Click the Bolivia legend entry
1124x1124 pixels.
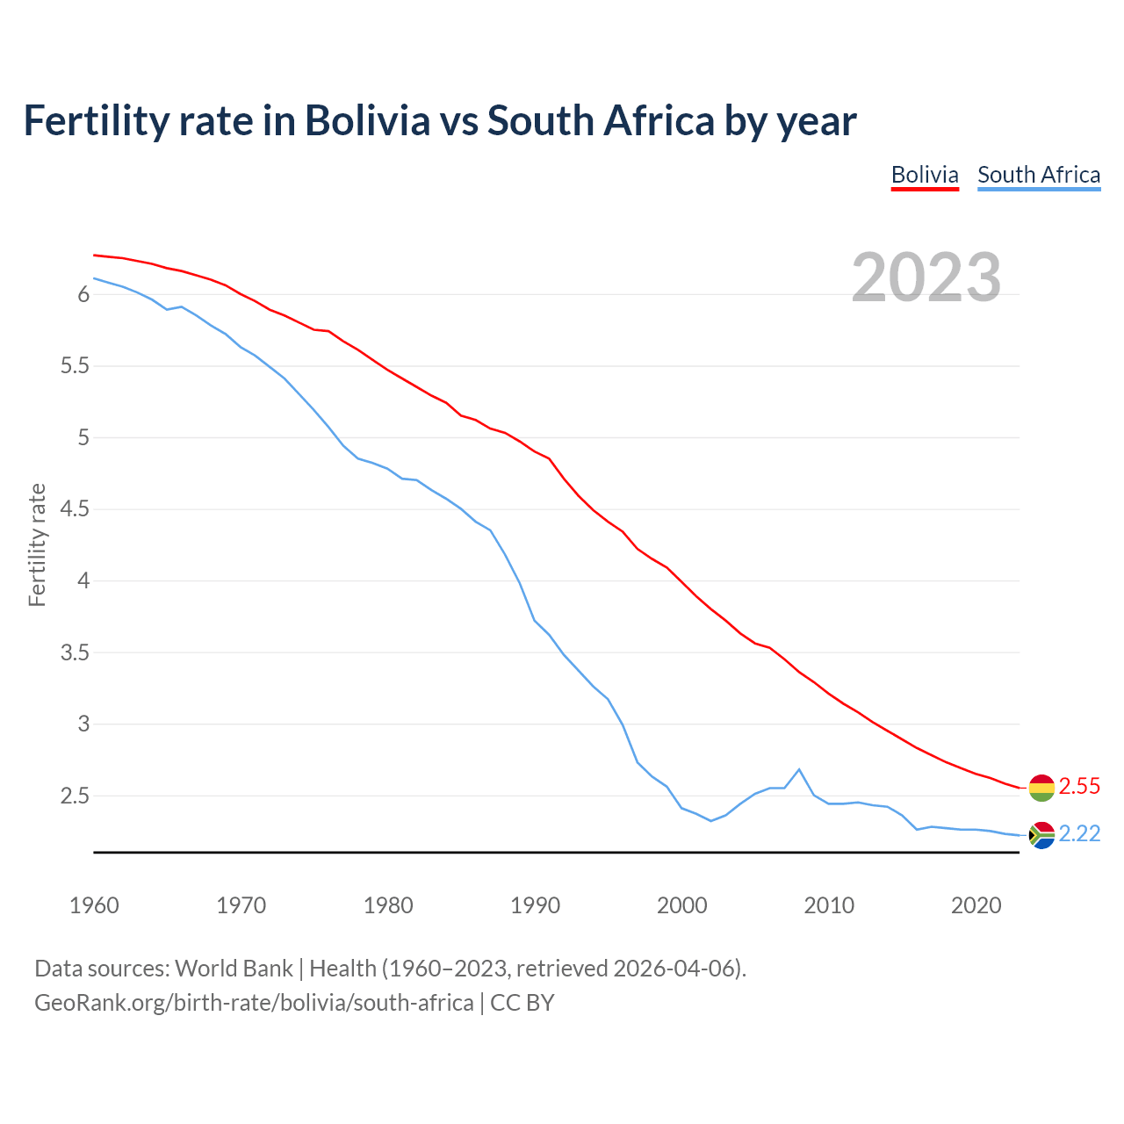point(925,175)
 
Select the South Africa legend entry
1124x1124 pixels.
point(1039,175)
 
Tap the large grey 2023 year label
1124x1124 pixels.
point(926,277)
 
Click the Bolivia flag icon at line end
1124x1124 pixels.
point(1041,788)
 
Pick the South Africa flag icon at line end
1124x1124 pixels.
point(1041,835)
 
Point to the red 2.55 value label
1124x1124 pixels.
point(1079,787)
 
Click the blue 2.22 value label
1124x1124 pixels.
point(1079,834)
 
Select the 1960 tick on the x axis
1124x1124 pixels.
point(94,905)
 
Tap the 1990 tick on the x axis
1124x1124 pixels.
point(535,905)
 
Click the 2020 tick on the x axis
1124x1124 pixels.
point(976,905)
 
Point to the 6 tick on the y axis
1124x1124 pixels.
point(83,294)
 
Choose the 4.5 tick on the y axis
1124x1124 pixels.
point(75,509)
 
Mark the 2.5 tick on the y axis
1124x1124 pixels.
point(75,796)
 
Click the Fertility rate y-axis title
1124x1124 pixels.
point(37,544)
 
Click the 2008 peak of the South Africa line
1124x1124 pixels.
point(798,769)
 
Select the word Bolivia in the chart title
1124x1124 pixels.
point(367,121)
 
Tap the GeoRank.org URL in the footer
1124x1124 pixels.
point(254,1003)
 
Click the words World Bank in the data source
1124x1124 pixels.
point(234,969)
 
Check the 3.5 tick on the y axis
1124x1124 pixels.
point(75,652)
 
